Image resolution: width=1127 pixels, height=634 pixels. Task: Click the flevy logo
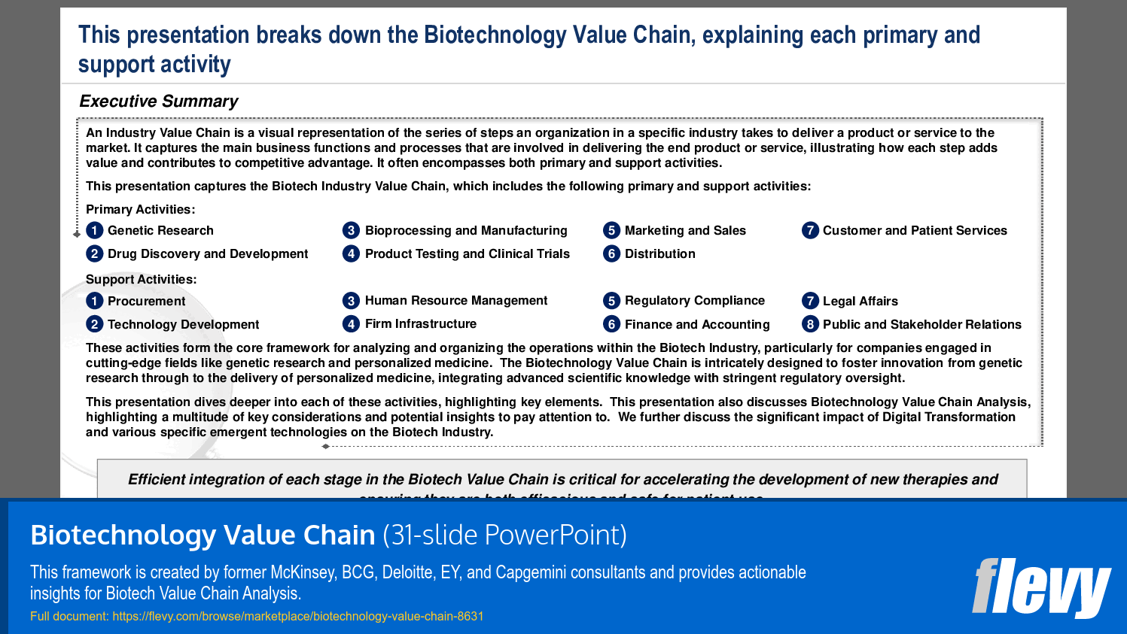tap(1040, 587)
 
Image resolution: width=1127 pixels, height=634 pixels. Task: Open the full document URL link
tap(297, 616)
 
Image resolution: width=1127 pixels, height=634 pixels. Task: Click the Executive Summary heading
tap(158, 102)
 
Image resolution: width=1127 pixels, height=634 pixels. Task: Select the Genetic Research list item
tap(160, 231)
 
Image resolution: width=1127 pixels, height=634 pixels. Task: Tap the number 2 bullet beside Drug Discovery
tap(94, 254)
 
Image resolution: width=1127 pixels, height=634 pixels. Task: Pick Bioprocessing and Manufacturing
tap(465, 231)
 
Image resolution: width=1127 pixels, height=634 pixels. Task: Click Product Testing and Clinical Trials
tap(467, 254)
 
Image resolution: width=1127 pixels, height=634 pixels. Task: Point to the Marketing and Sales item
tap(684, 231)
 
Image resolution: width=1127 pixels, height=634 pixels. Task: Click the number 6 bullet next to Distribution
tap(611, 254)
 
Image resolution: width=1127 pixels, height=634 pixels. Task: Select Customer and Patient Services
tap(914, 231)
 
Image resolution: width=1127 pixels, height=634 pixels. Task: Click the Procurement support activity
tap(146, 302)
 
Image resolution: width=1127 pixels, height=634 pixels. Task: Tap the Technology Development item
tap(183, 325)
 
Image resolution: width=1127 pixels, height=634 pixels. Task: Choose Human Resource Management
tap(455, 301)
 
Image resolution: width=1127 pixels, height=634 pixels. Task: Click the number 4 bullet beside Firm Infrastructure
tap(351, 324)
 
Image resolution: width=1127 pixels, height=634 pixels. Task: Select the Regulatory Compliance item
tap(694, 301)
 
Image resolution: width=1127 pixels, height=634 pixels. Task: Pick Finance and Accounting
tap(696, 325)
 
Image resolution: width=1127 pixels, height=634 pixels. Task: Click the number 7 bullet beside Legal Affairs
tap(810, 302)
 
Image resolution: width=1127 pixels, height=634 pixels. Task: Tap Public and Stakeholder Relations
tap(921, 325)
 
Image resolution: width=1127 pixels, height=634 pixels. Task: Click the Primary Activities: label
tap(140, 210)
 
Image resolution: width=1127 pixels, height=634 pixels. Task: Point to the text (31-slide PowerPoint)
tap(504, 535)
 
